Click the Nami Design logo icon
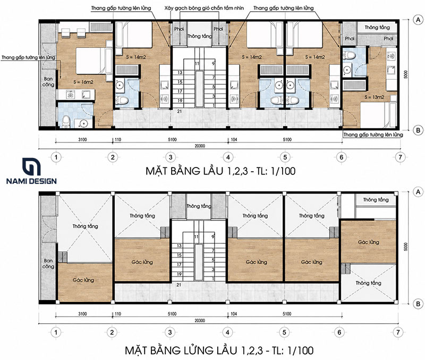coord(31,166)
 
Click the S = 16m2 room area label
coord(83,82)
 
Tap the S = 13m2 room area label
coord(375,97)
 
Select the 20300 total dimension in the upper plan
coord(200,146)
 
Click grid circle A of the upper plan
coord(418,20)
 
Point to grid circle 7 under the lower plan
coord(398,332)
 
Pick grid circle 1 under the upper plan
coord(56,157)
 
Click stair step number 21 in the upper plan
coord(180,111)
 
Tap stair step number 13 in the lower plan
coord(179,246)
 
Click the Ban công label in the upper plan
coord(48,82)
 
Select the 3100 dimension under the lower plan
coord(82,314)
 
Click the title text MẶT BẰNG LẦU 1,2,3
coord(197,171)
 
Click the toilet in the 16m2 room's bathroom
coord(66,122)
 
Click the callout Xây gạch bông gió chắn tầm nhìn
coord(204,8)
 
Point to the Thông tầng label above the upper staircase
coord(200,36)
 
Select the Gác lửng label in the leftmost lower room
coord(83,280)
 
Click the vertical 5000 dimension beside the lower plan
coord(405,247)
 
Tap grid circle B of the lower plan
coord(418,304)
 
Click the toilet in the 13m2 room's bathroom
coord(349,56)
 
